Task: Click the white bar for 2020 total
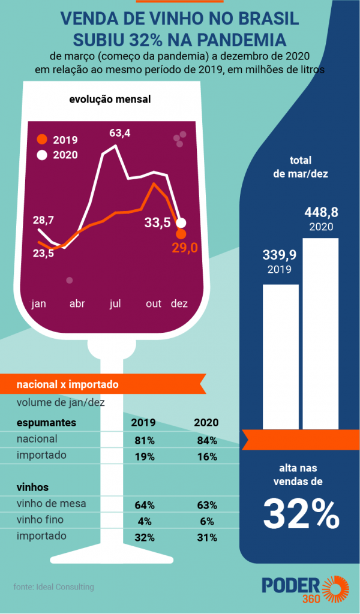pos(320,333)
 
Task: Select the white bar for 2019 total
pos(281,357)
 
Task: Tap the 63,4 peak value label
pos(119,133)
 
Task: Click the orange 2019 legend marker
pos(41,140)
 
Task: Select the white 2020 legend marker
pos(41,155)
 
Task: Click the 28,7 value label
pos(43,220)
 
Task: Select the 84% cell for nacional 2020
pos(206,440)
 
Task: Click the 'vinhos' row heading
pos(33,487)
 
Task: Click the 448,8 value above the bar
pos(320,212)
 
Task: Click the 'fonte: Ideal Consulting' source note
pos(53,586)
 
